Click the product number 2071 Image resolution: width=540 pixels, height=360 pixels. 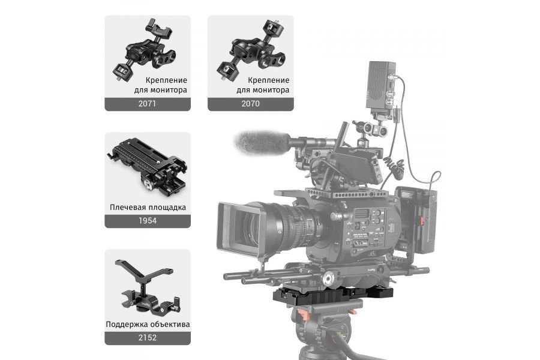[x=148, y=103]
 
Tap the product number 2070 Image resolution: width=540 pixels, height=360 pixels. [x=250, y=103]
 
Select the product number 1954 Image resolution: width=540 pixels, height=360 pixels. [x=148, y=220]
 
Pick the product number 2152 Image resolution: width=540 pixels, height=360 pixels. [x=148, y=337]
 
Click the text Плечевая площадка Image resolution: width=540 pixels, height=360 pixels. [x=148, y=207]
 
